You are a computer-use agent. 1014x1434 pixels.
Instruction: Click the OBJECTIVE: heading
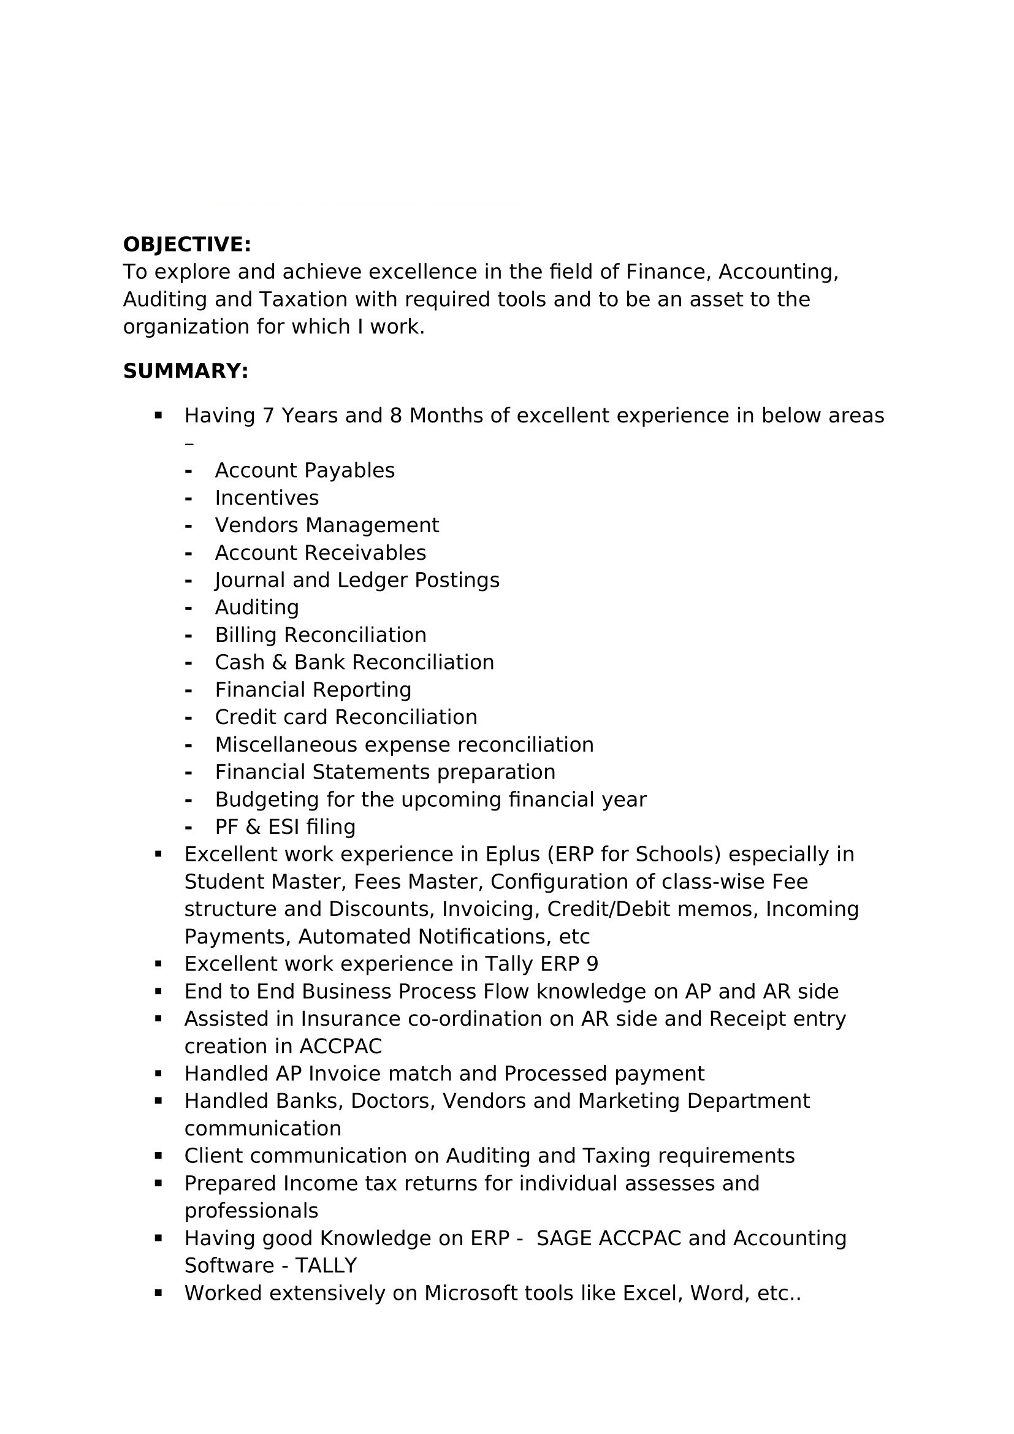tap(187, 244)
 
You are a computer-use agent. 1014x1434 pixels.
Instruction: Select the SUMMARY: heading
tap(185, 371)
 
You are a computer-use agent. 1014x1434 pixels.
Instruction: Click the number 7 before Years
tap(269, 416)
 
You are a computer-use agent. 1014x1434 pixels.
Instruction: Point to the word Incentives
tap(267, 498)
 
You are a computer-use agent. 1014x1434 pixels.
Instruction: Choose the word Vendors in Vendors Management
tap(256, 525)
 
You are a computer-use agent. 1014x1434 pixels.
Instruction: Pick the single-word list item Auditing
tap(257, 608)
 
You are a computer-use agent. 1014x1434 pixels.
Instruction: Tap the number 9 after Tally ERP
tap(592, 964)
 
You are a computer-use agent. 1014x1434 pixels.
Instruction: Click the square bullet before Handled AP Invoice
tap(158, 1073)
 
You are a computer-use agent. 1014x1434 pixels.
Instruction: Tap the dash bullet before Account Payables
tap(188, 471)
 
